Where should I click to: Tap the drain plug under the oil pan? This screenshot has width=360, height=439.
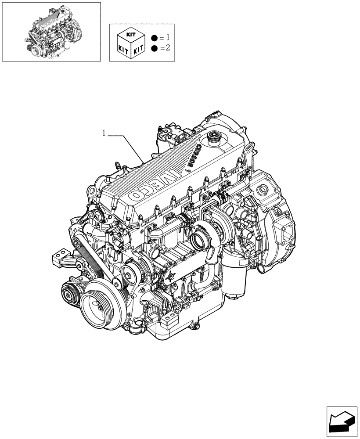(197, 326)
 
